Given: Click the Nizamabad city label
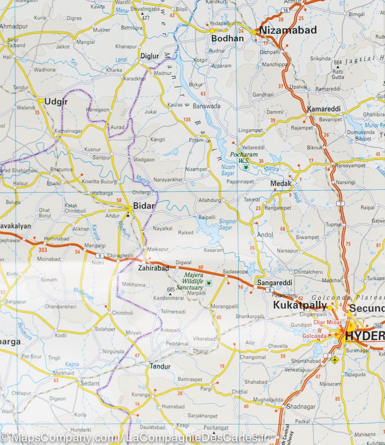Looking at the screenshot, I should tap(288, 30).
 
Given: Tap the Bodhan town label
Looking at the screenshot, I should tap(227, 38).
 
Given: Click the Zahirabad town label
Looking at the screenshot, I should tap(153, 268).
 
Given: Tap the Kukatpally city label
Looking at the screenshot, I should tap(300, 306).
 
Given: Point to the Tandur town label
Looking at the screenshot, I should tap(160, 366).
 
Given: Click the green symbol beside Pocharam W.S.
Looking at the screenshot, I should tap(245, 168).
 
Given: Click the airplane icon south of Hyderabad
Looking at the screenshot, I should tap(336, 359).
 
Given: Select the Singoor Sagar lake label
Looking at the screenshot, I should tap(228, 224).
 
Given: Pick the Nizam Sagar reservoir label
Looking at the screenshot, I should tap(228, 170).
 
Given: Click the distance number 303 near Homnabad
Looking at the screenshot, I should tap(43, 250).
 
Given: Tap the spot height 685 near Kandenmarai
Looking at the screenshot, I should tap(171, 290).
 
